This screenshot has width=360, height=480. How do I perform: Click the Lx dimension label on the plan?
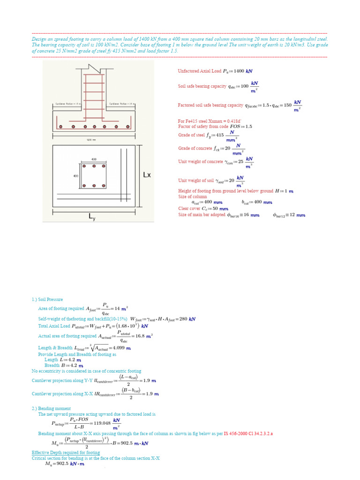click(x=147, y=175)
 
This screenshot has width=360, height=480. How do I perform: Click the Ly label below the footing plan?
click(x=92, y=217)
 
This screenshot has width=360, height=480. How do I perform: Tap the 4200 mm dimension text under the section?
click(x=91, y=140)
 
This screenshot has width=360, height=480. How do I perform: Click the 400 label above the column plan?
click(x=94, y=159)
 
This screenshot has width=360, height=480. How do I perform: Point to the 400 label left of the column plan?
click(x=75, y=176)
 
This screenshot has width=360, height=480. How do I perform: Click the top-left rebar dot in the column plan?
click(x=84, y=166)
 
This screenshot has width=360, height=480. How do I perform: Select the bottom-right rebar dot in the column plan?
click(x=104, y=186)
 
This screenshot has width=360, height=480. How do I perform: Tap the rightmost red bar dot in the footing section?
click(x=127, y=127)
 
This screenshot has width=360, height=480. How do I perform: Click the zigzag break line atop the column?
click(x=94, y=67)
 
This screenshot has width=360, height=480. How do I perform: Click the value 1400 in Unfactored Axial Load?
click(x=239, y=71)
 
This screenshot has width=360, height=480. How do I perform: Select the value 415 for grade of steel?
click(x=220, y=135)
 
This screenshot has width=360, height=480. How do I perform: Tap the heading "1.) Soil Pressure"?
click(x=47, y=300)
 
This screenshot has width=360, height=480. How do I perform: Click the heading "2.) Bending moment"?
click(x=50, y=408)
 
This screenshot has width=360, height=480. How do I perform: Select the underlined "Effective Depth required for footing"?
click(x=66, y=452)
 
